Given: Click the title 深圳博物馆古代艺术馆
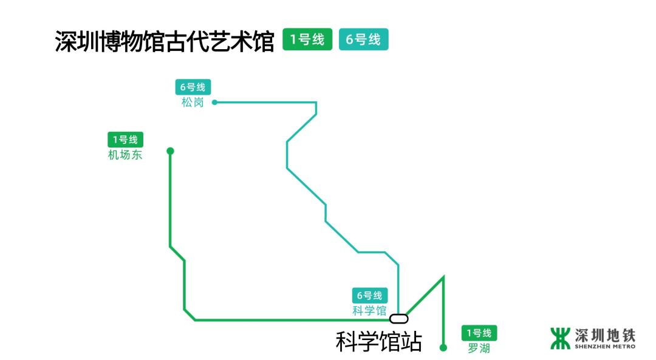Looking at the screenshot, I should tap(164, 41).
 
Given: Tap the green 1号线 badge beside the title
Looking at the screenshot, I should tap(307, 39).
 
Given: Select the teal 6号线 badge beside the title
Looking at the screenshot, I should tap(363, 39).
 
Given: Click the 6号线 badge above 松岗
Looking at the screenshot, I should tap(193, 87).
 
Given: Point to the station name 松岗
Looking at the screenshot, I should tap(193, 103).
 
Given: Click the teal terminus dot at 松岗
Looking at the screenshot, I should tap(214, 103).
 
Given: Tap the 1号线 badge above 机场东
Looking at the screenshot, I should tap(125, 140).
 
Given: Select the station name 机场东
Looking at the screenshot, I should tap(125, 155).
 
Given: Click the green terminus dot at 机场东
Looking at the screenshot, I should tap(170, 151).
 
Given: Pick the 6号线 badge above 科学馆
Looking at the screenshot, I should tap(370, 296).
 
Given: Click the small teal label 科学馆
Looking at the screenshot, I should tap(369, 311).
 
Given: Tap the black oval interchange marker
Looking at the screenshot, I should tap(398, 318).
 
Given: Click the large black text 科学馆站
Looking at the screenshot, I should tap(378, 341).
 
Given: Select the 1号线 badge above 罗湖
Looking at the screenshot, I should tap(479, 333).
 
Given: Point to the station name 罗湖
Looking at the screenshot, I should tap(479, 348).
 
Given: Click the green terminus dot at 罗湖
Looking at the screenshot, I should tap(443, 348).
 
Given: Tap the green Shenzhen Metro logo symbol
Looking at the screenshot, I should tap(561, 338).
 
